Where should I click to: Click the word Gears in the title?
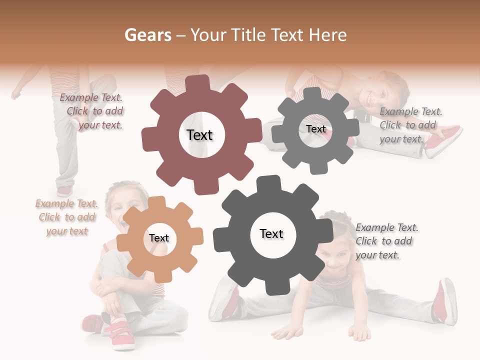(x=147, y=35)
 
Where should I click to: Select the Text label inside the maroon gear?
(x=199, y=135)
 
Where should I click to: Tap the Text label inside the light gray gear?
(x=315, y=129)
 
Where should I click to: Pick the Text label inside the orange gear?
(x=159, y=238)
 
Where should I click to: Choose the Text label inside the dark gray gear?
(x=271, y=233)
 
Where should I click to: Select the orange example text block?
(x=66, y=217)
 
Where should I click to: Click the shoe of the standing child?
(x=64, y=191)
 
